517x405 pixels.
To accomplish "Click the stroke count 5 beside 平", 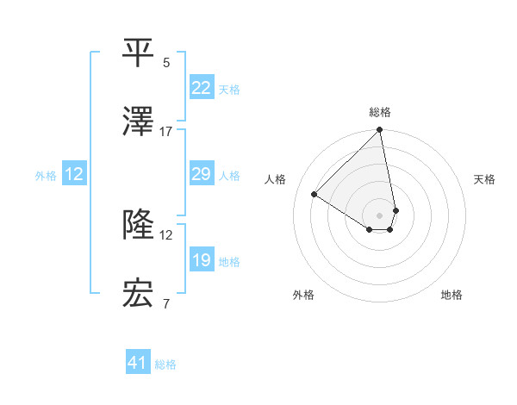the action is (x=166, y=63).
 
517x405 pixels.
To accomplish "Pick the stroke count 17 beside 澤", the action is (x=166, y=131).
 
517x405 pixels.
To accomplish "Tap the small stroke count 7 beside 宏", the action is (x=166, y=303).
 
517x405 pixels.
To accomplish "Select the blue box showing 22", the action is (x=202, y=88).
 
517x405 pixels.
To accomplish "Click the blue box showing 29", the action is (x=202, y=175).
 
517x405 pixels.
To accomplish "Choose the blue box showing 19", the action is (x=202, y=260).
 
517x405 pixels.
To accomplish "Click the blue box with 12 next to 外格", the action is (x=74, y=175).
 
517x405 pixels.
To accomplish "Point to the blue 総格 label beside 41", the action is (x=165, y=364).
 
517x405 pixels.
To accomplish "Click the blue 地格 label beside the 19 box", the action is (x=229, y=262).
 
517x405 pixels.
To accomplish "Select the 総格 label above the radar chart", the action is (x=380, y=112).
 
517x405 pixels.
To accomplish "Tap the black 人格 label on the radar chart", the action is (x=276, y=179).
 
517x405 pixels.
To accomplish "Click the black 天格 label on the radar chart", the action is (x=485, y=179).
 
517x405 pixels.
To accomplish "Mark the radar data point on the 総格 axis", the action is (x=380, y=131).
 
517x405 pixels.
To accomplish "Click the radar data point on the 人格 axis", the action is (x=315, y=195).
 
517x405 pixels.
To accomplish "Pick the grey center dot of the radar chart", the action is (x=380, y=215).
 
